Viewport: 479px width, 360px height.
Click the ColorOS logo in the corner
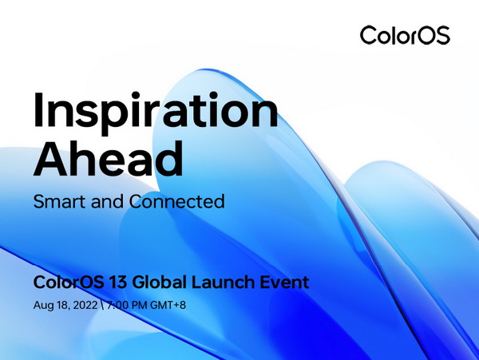point(405,35)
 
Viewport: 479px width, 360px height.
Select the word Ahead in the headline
point(108,159)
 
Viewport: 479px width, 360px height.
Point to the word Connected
point(177,201)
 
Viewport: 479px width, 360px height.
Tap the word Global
point(159,282)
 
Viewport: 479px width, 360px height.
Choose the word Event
point(284,282)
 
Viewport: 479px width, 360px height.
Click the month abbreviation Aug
point(43,306)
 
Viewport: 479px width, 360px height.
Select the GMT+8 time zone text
point(168,305)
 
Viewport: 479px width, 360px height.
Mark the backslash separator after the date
point(102,306)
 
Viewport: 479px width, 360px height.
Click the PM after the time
point(140,305)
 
